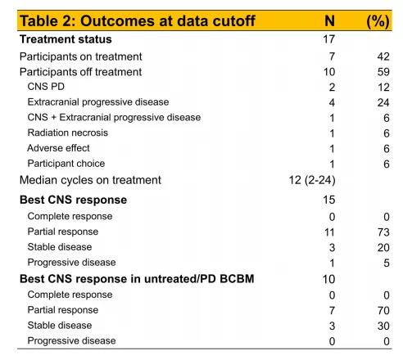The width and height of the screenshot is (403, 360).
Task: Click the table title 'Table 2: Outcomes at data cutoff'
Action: point(138,20)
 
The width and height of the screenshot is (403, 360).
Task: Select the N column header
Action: point(329,20)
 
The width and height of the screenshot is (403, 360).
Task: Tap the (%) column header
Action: point(378,21)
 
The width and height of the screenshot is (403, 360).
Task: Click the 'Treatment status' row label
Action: point(66,39)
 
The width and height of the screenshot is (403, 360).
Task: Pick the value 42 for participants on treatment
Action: point(383,56)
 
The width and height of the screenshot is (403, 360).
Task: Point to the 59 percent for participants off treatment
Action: point(383,72)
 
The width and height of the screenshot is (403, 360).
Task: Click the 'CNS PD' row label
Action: point(46,87)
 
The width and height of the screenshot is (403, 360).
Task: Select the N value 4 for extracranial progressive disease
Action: point(332,103)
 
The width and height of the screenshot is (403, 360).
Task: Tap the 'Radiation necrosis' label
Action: point(68,133)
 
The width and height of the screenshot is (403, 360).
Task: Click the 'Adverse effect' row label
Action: point(58,148)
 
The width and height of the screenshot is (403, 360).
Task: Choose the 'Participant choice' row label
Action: point(66,164)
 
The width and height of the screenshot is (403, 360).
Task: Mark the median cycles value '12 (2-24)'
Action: point(312,180)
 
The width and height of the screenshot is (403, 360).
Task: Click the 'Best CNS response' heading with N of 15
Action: point(73,200)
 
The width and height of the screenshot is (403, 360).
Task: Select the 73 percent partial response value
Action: point(383,232)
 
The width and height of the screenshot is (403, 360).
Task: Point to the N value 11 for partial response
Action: point(329,232)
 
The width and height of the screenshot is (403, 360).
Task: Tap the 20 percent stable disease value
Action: point(383,248)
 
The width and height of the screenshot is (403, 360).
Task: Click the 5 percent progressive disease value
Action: point(387,263)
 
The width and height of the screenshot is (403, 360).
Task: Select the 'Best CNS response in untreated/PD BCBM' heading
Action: point(137,279)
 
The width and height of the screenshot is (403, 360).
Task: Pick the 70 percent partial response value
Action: point(383,311)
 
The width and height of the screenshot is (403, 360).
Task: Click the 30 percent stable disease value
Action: point(383,326)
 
